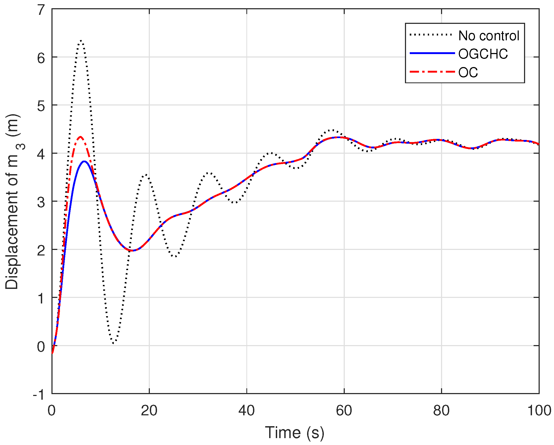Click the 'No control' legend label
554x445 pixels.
point(488,36)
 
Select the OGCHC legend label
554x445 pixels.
point(483,54)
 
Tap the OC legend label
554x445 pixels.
point(468,72)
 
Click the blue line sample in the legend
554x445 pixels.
point(432,53)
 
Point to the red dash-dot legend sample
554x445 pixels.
point(432,72)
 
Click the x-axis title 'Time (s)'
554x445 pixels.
point(294,433)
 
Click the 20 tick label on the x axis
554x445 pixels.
point(149,411)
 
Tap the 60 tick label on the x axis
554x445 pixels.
point(344,411)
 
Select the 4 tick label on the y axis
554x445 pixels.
point(41,154)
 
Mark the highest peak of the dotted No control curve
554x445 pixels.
point(81,40)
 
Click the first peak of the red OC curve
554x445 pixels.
point(80,137)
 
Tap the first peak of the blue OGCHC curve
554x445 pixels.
point(84,161)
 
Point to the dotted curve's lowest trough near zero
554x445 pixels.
point(114,343)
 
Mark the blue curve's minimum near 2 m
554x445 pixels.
point(132,250)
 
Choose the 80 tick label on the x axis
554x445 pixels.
point(441,411)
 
